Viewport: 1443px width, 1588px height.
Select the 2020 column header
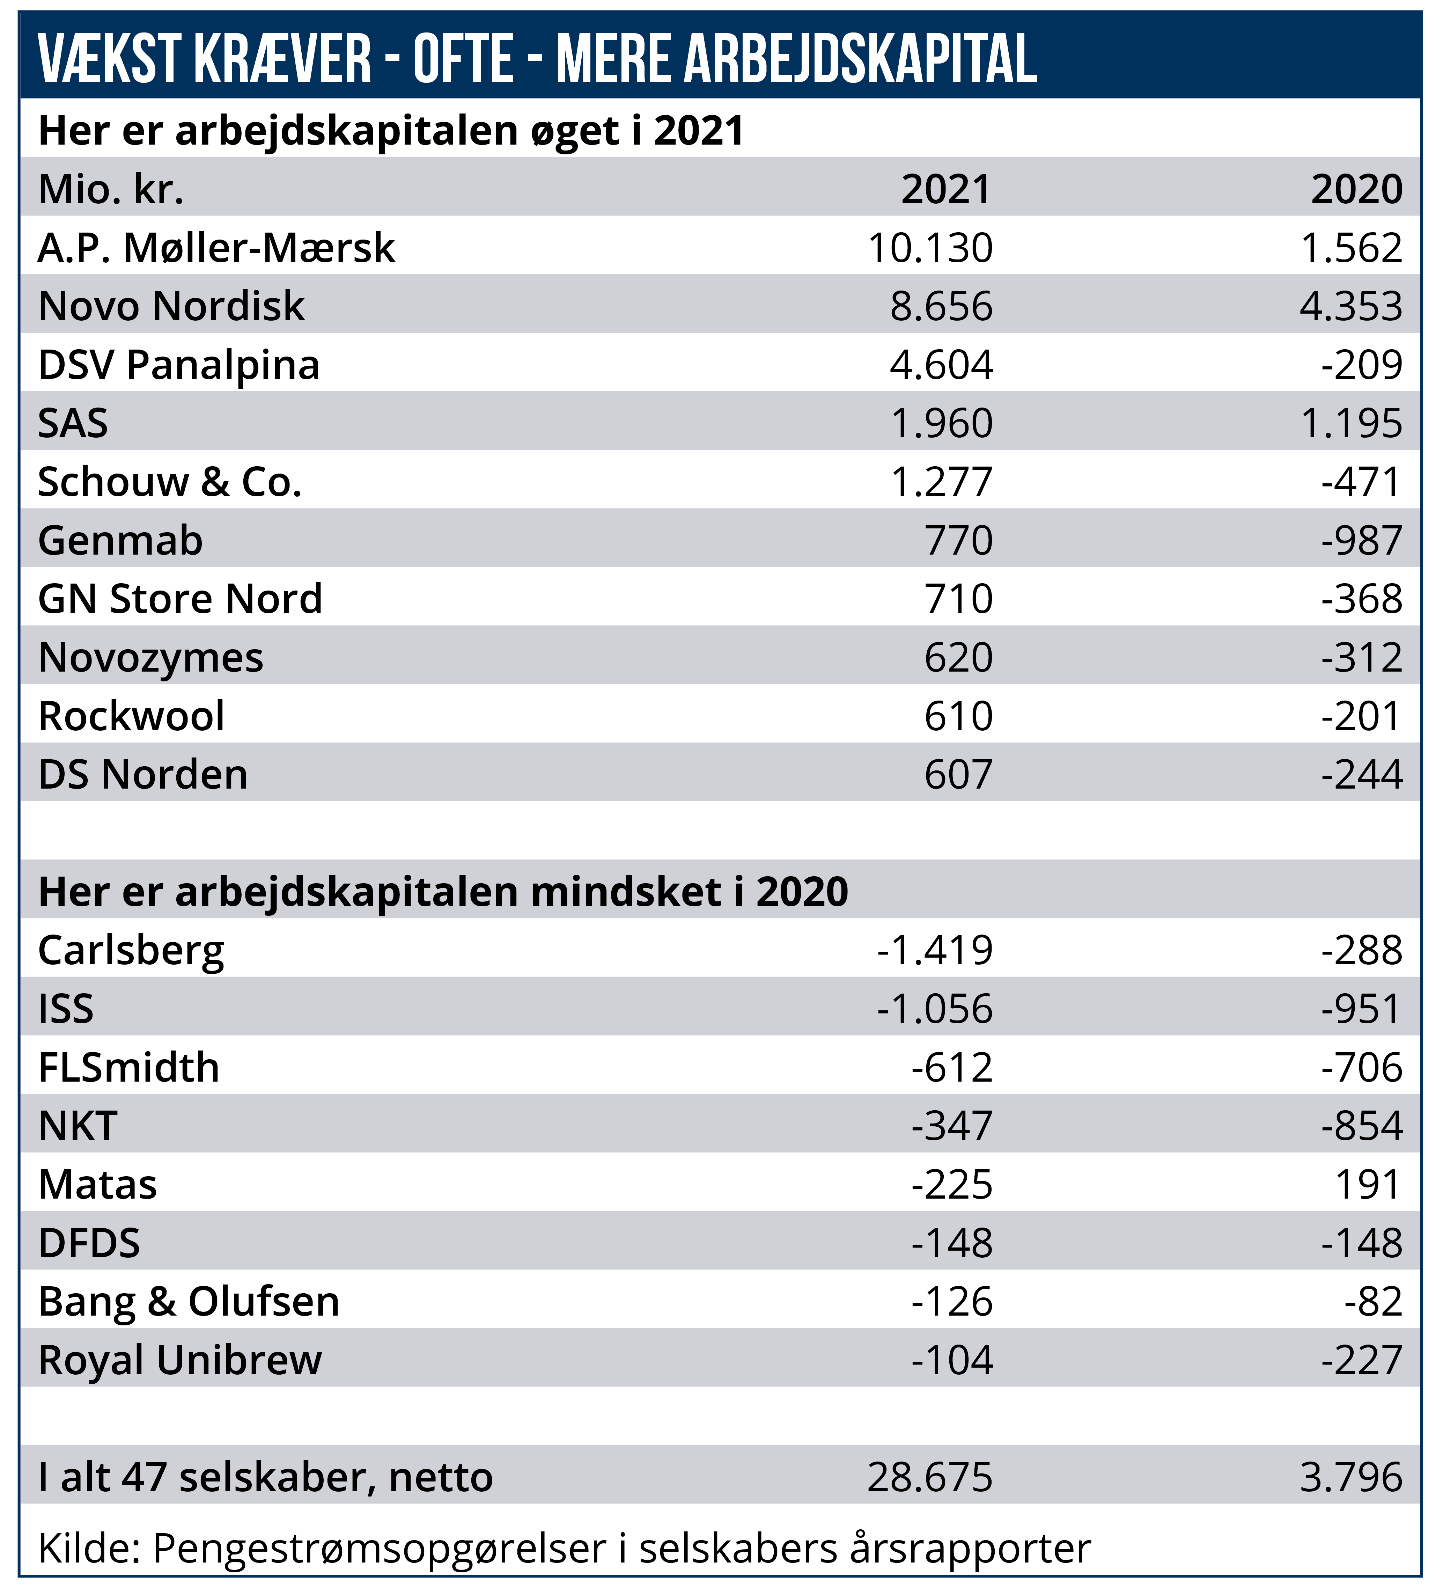tap(1356, 190)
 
